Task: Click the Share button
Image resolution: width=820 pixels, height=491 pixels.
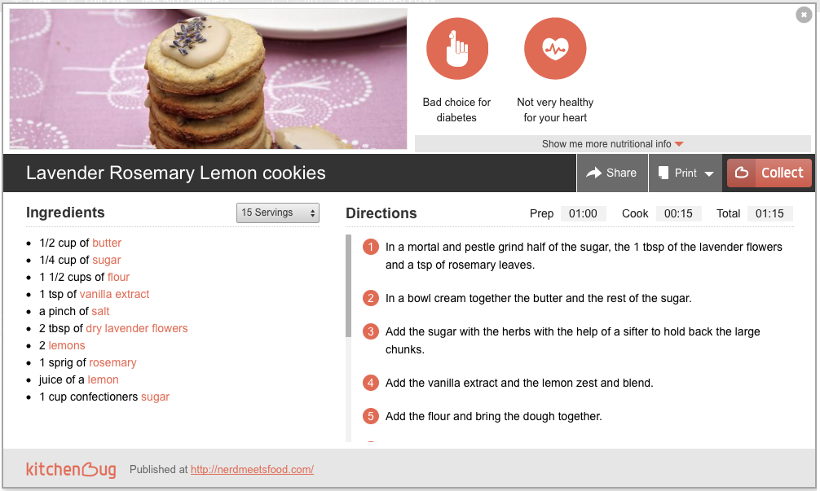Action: (612, 173)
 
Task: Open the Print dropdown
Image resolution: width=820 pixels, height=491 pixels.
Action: (686, 173)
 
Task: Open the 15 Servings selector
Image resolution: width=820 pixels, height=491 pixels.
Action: (278, 213)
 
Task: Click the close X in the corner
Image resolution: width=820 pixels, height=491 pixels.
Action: (804, 15)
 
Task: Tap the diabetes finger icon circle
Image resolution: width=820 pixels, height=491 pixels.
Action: (457, 49)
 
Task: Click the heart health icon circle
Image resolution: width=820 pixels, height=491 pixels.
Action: (555, 49)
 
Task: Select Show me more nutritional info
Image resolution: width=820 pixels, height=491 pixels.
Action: (612, 143)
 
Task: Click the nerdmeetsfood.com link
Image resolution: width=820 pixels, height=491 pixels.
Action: (252, 469)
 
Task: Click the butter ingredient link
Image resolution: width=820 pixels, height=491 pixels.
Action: (107, 243)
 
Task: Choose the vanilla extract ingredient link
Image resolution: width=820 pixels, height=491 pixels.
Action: (115, 294)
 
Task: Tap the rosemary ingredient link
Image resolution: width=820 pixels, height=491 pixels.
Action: (113, 362)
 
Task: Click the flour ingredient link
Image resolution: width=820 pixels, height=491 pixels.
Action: (119, 277)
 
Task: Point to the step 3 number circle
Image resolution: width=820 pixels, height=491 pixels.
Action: (371, 331)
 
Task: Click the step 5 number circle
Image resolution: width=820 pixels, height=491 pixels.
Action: (371, 416)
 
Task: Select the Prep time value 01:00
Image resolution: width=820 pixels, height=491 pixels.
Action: (583, 213)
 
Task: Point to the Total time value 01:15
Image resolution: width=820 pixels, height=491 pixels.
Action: (769, 213)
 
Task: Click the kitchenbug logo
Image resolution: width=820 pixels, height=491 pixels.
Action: (71, 469)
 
